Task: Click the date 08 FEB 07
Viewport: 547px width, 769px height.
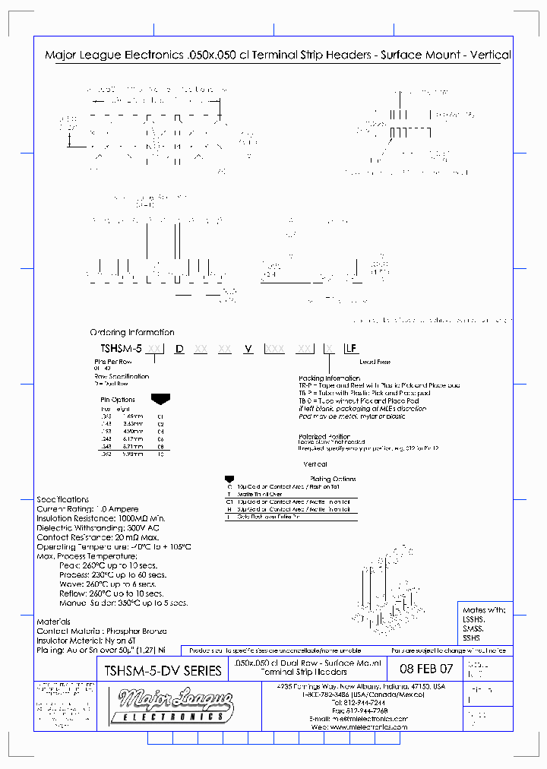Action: coord(425,669)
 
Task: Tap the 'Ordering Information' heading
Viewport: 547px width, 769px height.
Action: coord(131,332)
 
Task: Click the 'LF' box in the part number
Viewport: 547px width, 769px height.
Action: coord(351,348)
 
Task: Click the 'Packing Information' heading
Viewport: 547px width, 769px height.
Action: coord(329,378)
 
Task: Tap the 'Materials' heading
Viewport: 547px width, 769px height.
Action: coord(54,622)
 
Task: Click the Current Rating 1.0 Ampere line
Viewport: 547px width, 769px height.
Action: coord(87,508)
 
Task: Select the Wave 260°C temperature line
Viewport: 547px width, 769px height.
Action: coord(121,584)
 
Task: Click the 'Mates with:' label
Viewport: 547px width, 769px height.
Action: coord(483,609)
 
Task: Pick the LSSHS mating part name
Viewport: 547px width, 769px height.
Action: coord(474,619)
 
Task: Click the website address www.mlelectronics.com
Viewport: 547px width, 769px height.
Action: coord(369,726)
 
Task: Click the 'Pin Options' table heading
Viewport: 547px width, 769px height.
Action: coord(117,399)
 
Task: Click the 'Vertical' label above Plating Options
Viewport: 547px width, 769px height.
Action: coord(315,464)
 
